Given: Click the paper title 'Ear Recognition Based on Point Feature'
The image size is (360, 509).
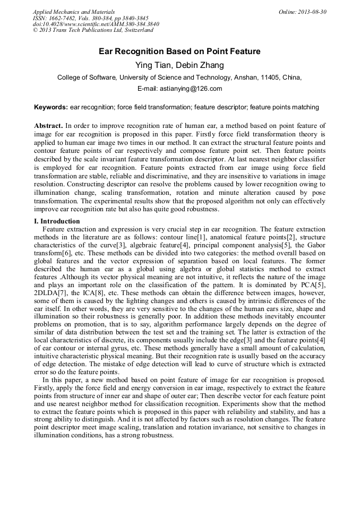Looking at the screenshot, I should [x=179, y=51].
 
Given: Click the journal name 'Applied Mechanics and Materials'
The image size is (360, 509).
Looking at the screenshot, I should [x=73, y=12].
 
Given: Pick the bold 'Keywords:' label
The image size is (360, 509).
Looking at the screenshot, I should [x=51, y=107].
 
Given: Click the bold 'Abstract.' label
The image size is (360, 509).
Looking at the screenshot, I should [x=48, y=126].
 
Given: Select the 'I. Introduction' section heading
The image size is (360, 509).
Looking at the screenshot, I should [x=57, y=221].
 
